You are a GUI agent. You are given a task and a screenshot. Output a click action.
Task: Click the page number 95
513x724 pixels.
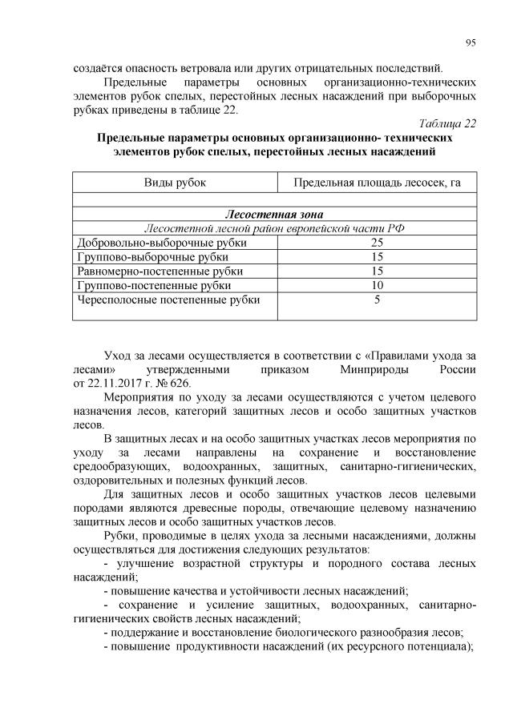[x=471, y=42]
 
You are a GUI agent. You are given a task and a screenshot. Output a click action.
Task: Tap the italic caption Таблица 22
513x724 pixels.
[x=448, y=123]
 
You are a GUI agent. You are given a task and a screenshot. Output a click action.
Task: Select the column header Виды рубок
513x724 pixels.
[x=175, y=183]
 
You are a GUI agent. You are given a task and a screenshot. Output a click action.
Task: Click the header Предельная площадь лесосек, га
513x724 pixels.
[x=377, y=183]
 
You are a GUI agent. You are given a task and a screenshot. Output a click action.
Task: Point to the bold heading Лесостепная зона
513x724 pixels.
[x=274, y=215]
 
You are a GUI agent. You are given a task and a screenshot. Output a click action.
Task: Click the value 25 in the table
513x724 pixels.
[x=377, y=243]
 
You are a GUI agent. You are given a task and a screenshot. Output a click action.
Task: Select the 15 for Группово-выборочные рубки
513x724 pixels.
[x=377, y=257]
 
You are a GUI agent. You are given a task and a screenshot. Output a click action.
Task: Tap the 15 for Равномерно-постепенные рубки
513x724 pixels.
[x=377, y=271]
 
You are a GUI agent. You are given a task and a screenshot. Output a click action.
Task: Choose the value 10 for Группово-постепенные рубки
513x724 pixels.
[x=377, y=286]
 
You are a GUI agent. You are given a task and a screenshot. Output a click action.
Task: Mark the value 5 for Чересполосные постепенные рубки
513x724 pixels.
[x=377, y=300]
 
